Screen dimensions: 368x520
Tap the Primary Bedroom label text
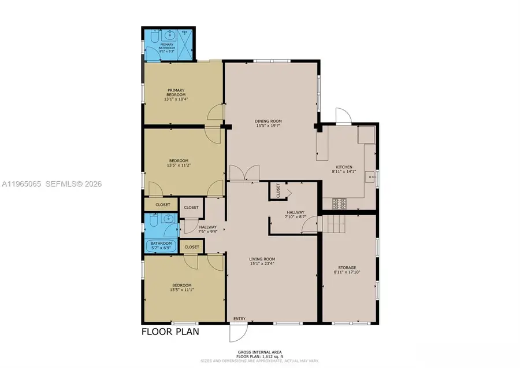click(x=176, y=94)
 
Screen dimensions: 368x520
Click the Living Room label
click(x=262, y=261)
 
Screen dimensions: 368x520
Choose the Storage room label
click(x=347, y=269)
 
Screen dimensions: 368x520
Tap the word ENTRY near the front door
click(x=239, y=319)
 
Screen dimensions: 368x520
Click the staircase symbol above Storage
click(x=333, y=223)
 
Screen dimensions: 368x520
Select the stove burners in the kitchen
click(x=339, y=203)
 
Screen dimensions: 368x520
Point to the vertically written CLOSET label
click(x=278, y=191)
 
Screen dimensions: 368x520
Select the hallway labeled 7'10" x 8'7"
click(x=295, y=215)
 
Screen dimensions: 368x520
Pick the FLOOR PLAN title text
click(x=170, y=332)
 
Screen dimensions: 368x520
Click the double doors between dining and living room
click(x=244, y=173)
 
